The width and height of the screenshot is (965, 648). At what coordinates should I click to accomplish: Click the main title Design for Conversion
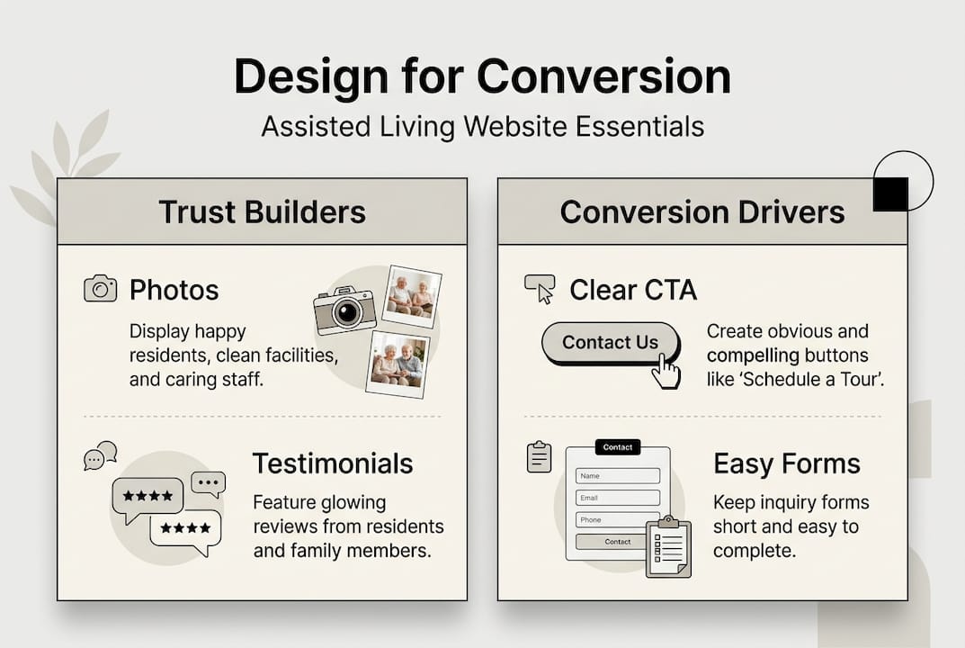click(482, 77)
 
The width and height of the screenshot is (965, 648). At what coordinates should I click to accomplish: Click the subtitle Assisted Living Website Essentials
click(482, 127)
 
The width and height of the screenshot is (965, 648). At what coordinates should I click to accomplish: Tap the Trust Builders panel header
click(262, 211)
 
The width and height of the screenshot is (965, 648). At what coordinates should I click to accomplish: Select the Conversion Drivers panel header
click(702, 211)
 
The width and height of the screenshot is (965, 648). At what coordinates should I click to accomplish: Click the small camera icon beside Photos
click(100, 289)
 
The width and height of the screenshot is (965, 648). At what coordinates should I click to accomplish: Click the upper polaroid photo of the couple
click(411, 296)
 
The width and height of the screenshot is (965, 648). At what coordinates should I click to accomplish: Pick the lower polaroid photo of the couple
click(398, 363)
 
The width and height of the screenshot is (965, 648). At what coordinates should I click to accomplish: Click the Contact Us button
click(610, 343)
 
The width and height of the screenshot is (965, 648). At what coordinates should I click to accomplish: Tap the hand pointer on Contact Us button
click(666, 371)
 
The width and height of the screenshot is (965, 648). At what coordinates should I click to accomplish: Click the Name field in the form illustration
click(618, 475)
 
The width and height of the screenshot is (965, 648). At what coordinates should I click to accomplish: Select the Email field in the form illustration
click(618, 498)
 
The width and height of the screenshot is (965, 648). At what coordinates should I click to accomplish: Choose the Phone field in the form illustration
click(618, 519)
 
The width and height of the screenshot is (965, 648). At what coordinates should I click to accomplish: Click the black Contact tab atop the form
click(618, 447)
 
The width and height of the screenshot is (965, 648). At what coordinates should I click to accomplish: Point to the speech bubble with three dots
click(209, 483)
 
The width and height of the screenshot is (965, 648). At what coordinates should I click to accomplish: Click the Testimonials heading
click(332, 463)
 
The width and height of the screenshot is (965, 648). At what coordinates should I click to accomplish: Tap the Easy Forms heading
click(786, 463)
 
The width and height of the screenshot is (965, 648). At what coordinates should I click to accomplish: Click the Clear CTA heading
click(633, 290)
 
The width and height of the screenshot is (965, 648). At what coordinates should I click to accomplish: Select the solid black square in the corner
click(890, 193)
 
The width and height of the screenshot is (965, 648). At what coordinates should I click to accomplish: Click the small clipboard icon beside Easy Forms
click(539, 457)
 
